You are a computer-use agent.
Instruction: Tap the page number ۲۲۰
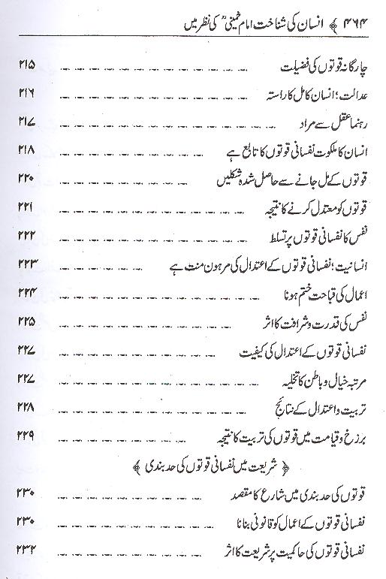pos(28,181)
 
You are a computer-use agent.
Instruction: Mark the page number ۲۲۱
pos(28,209)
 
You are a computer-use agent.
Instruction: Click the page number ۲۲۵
pos(28,322)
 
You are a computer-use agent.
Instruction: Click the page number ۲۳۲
pos(28,549)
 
